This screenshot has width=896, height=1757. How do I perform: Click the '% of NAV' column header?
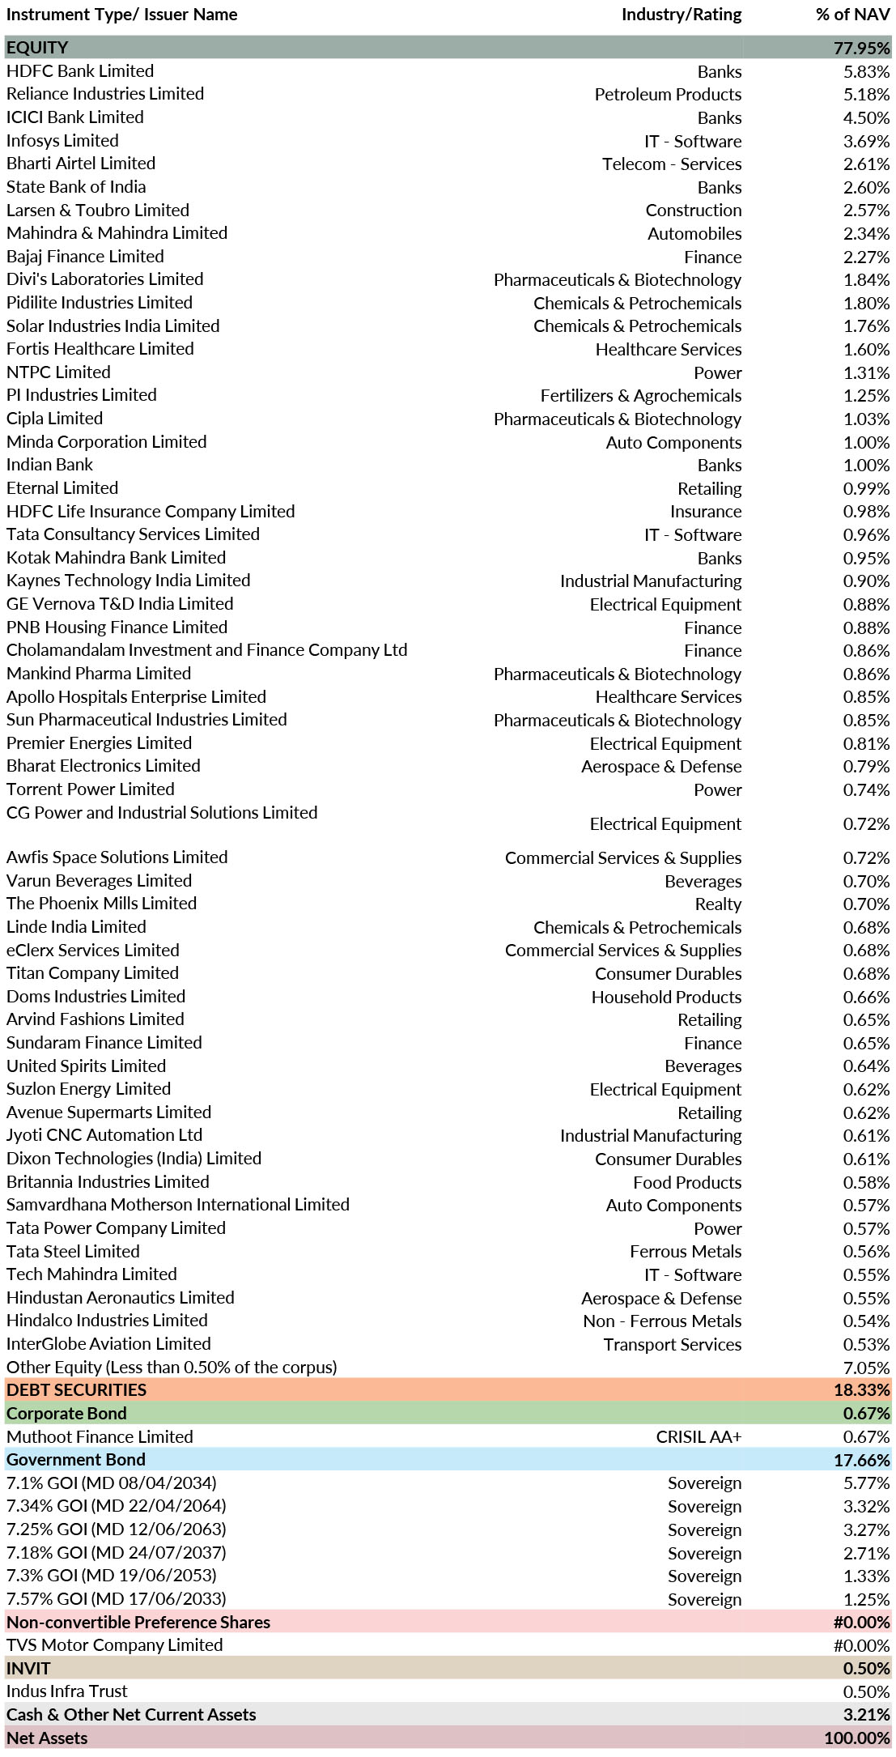852,15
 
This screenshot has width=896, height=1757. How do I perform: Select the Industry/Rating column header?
682,15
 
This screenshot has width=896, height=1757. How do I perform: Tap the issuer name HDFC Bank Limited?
80,71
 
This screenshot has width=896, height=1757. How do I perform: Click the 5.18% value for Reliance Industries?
866,95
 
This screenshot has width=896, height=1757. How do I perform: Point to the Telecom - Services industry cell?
672,164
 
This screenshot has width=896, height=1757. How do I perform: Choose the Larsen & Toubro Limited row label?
98,211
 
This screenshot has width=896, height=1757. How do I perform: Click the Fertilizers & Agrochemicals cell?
641,396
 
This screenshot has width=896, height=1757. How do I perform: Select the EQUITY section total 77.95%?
862,48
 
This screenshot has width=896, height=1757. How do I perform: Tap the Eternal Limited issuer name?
62,488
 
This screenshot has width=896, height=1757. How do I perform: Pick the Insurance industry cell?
706,512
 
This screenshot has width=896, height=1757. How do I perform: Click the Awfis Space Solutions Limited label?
117,857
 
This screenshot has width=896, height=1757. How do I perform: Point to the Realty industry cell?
718,904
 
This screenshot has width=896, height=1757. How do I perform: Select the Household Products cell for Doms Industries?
666,998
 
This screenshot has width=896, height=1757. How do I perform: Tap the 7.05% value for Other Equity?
866,1368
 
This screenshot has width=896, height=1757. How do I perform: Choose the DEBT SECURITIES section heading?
77,1390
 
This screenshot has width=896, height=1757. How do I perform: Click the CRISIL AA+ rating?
699,1437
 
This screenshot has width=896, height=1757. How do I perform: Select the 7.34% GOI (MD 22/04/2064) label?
117,1507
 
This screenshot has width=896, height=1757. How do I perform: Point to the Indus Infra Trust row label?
67,1691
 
